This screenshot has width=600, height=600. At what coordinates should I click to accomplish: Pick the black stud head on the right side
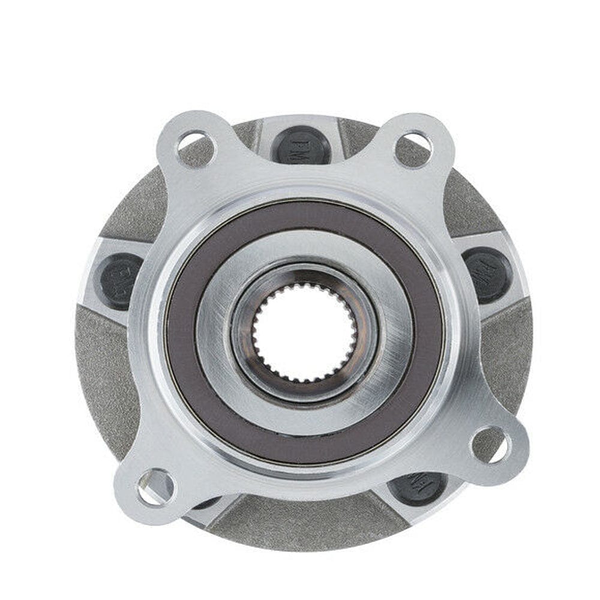487,275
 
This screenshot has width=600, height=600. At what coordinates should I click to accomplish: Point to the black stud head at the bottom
418,487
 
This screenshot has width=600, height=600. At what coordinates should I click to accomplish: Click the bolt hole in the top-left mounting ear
196,147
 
